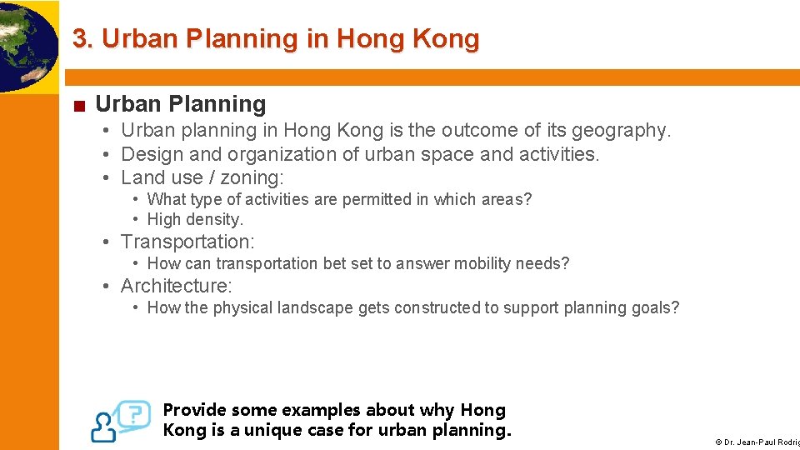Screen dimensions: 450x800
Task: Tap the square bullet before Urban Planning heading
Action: click(x=78, y=106)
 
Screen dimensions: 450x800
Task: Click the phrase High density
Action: click(x=195, y=220)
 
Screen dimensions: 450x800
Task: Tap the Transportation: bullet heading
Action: click(x=187, y=242)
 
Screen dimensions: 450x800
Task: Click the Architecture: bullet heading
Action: click(x=177, y=286)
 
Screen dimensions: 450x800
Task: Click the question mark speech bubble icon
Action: click(x=134, y=413)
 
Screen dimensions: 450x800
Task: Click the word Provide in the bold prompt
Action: click(x=194, y=410)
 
